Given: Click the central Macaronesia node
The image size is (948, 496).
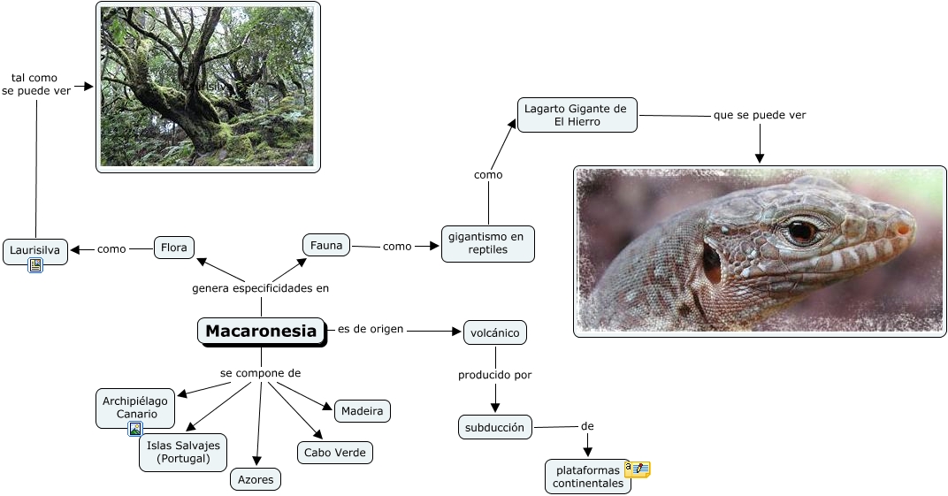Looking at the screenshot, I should point(261,332).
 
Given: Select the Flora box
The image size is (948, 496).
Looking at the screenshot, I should point(174,248).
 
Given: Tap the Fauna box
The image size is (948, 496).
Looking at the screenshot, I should point(326,245).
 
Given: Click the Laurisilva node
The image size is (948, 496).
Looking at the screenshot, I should point(35,250).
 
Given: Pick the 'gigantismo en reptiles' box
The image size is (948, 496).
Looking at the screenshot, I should point(488,243).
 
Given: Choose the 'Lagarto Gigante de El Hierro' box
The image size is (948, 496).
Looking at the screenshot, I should point(577,115).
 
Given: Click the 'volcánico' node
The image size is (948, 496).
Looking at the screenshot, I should point(494,332).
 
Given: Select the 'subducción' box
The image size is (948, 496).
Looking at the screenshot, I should point(495,428).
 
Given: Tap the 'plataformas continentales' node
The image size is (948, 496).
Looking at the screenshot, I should point(586,477).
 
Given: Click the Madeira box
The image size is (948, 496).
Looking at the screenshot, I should point(363,411).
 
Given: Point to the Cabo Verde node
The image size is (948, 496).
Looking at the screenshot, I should point(334,453).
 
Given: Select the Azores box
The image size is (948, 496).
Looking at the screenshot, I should point(256,479).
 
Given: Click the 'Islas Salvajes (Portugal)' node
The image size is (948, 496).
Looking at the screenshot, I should point(183,452).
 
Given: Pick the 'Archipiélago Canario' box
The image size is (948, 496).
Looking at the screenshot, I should point(135,408).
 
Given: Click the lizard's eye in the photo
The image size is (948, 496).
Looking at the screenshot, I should point(802,231).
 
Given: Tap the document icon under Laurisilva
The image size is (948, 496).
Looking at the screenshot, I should point(35,264).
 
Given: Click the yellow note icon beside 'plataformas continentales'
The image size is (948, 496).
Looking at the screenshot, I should point(638,469).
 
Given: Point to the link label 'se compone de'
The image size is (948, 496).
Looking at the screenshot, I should point(260,373).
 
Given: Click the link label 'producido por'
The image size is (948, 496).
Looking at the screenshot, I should point(494,375).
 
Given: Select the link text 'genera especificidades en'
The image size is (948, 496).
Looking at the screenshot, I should point(261,288).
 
